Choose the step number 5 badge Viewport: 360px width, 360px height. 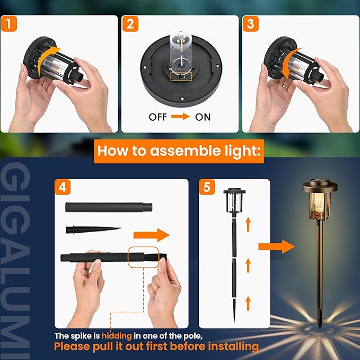pos(207,188)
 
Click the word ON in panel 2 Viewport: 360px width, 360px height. pos(203,117)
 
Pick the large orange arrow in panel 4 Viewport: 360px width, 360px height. pos(151,235)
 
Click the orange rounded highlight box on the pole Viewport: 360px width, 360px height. pos(143,257)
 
